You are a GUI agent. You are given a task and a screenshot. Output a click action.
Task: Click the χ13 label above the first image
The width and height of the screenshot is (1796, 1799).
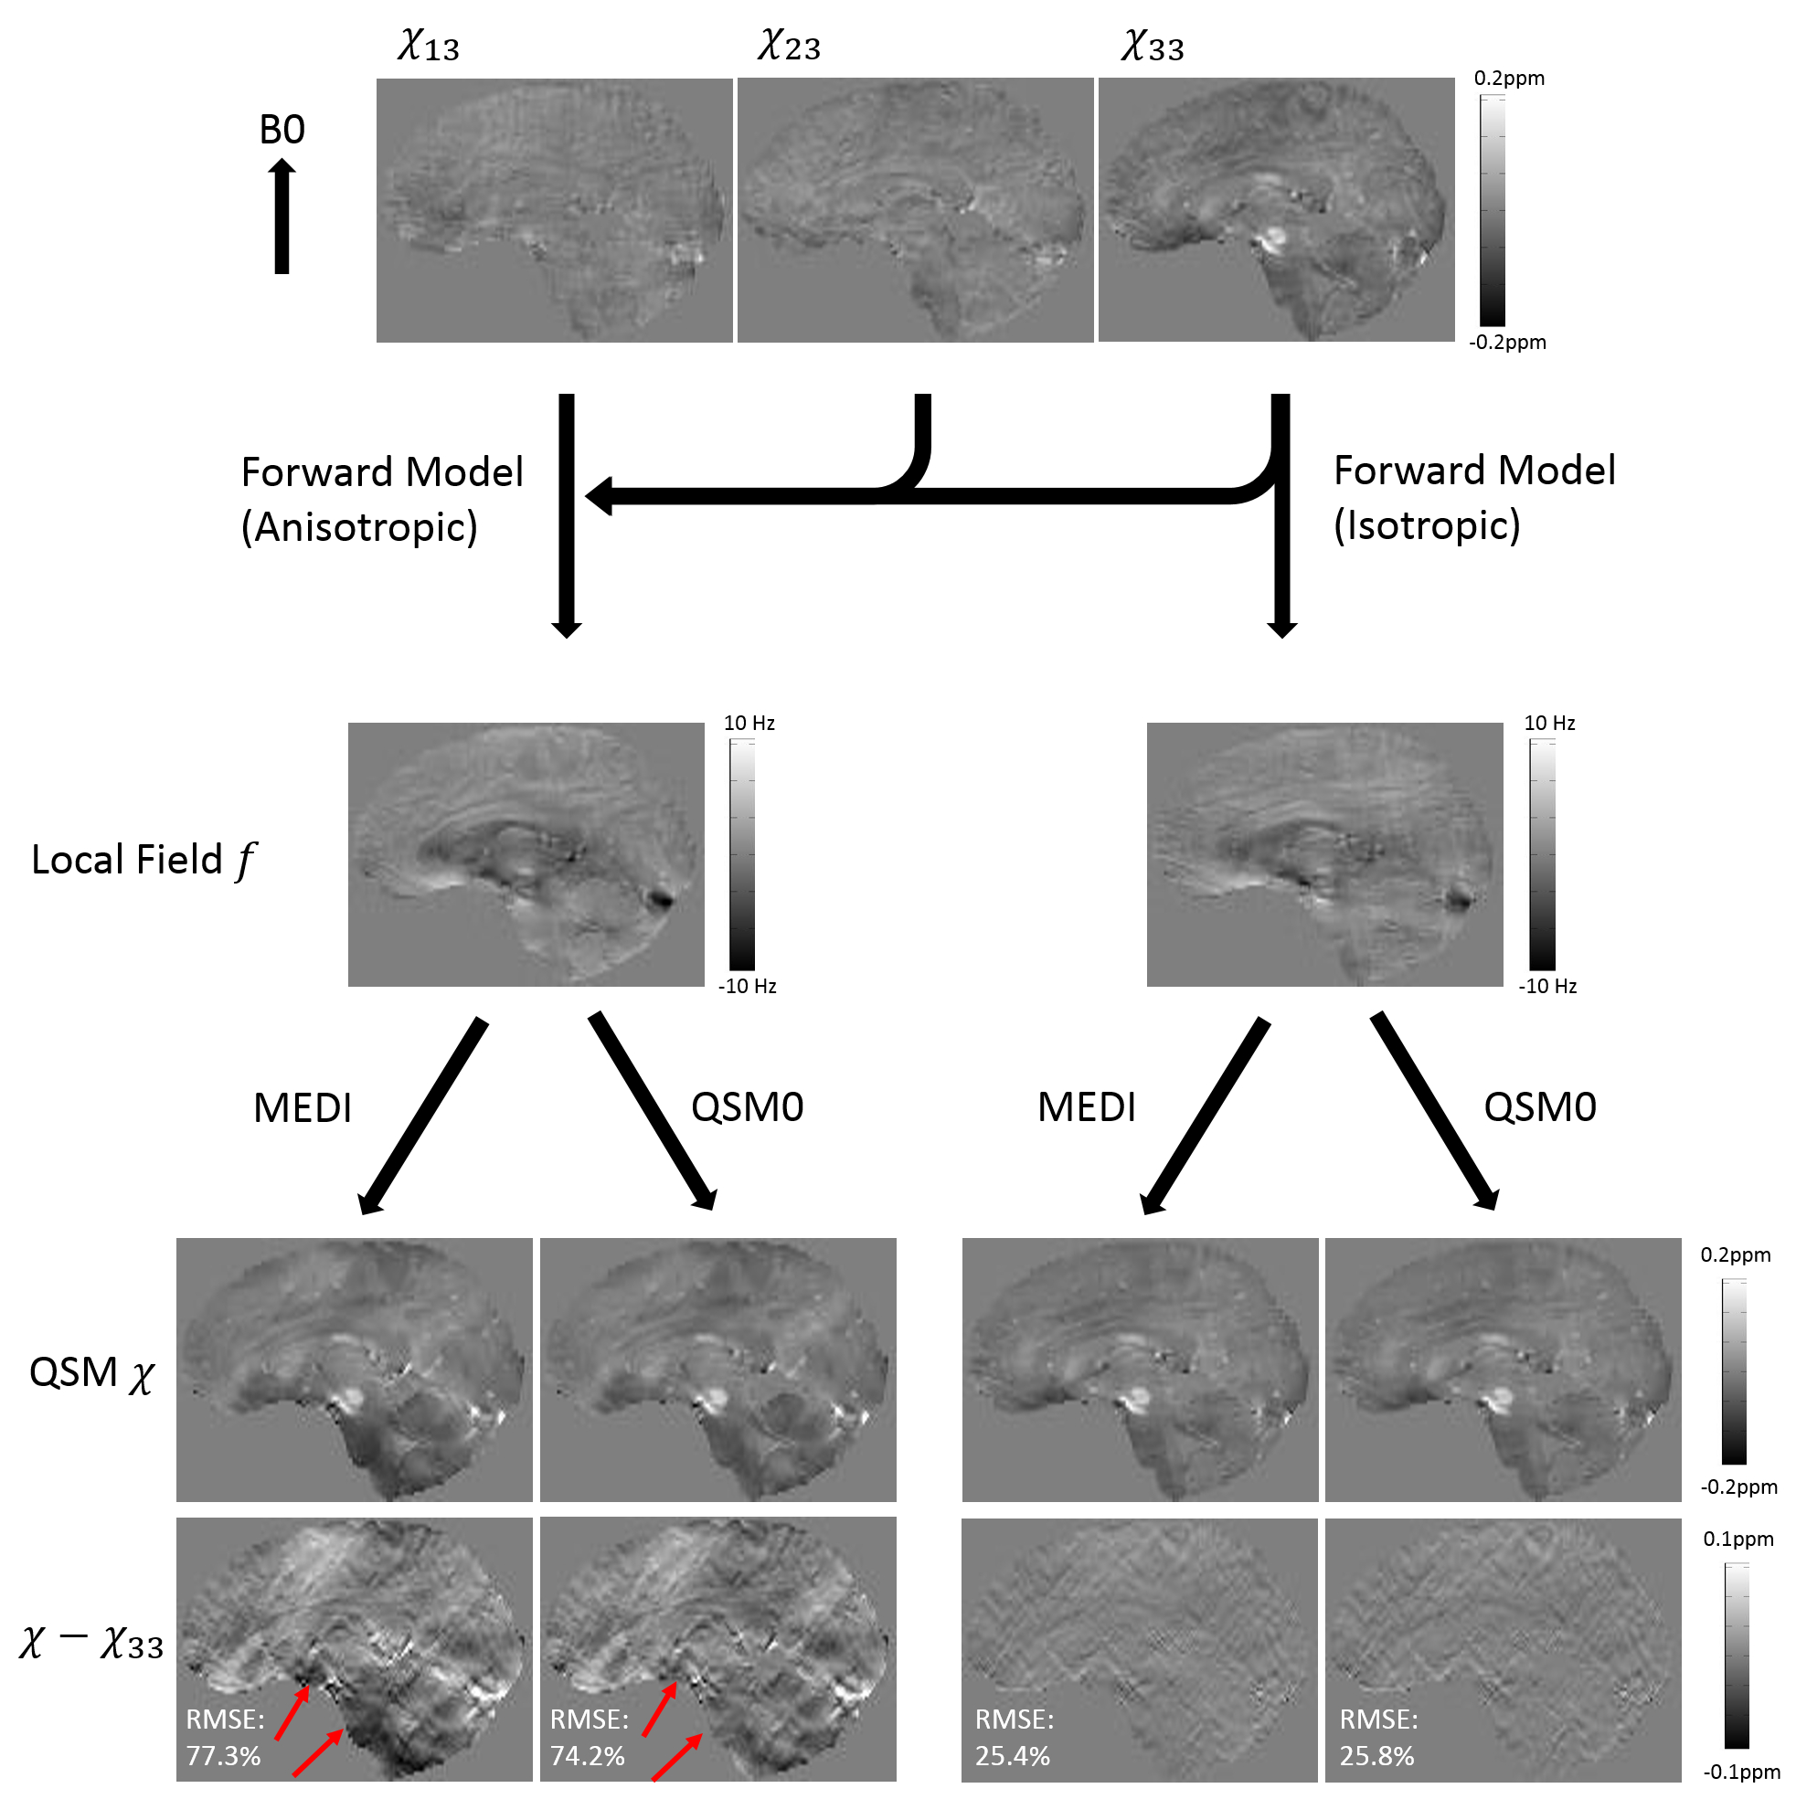[429, 45]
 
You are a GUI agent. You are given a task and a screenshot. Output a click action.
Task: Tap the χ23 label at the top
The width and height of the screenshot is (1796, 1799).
[789, 45]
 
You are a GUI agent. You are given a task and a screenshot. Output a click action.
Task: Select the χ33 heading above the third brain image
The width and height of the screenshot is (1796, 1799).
[1153, 45]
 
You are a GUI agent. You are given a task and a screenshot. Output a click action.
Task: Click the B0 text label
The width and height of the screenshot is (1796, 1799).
[282, 130]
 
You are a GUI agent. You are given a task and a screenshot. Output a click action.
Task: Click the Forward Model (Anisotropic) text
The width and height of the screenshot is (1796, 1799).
[382, 499]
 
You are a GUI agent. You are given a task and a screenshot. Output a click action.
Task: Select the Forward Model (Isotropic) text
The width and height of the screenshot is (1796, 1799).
[1473, 497]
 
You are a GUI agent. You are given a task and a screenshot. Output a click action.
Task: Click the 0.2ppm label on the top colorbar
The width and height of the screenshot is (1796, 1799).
[1508, 79]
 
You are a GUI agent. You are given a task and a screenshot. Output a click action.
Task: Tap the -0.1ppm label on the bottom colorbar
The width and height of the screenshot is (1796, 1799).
[1741, 1772]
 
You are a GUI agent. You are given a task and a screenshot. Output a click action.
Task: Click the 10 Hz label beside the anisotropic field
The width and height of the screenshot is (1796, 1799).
[749, 723]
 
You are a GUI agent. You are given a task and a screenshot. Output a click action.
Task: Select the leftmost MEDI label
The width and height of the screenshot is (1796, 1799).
[303, 1108]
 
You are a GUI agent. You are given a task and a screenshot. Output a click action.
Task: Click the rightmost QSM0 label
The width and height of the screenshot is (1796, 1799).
[1540, 1107]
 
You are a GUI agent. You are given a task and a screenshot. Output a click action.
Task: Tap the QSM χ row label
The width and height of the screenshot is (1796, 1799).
[91, 1373]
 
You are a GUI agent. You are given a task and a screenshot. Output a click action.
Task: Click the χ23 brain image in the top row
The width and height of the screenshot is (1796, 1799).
[915, 210]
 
